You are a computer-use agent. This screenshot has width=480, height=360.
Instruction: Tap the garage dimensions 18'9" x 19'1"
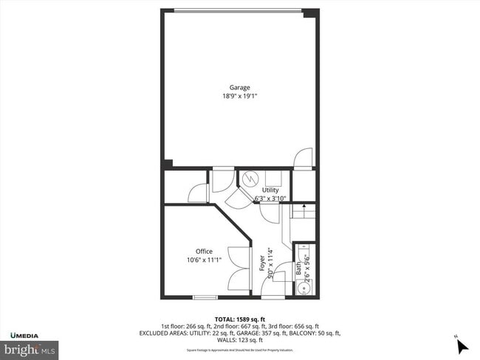[x=240, y=96]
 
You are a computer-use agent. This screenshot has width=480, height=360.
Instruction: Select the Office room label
[x=204, y=252]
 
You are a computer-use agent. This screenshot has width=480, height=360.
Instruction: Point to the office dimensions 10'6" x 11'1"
[x=204, y=260]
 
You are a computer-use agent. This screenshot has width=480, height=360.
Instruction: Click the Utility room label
[x=270, y=190]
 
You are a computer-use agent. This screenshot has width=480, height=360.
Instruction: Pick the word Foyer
[x=262, y=263]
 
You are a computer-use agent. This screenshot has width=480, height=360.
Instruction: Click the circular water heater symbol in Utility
[x=250, y=179]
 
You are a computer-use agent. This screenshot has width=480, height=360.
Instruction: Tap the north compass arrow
[x=462, y=345]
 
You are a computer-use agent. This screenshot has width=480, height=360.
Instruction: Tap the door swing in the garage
[x=303, y=159]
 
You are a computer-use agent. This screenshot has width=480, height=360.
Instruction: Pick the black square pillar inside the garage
[x=168, y=164]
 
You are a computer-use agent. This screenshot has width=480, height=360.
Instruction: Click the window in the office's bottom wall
[x=205, y=297]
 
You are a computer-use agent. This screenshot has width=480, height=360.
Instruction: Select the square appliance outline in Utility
[x=275, y=179]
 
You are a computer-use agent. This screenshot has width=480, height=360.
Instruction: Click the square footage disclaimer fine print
[x=239, y=350]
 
